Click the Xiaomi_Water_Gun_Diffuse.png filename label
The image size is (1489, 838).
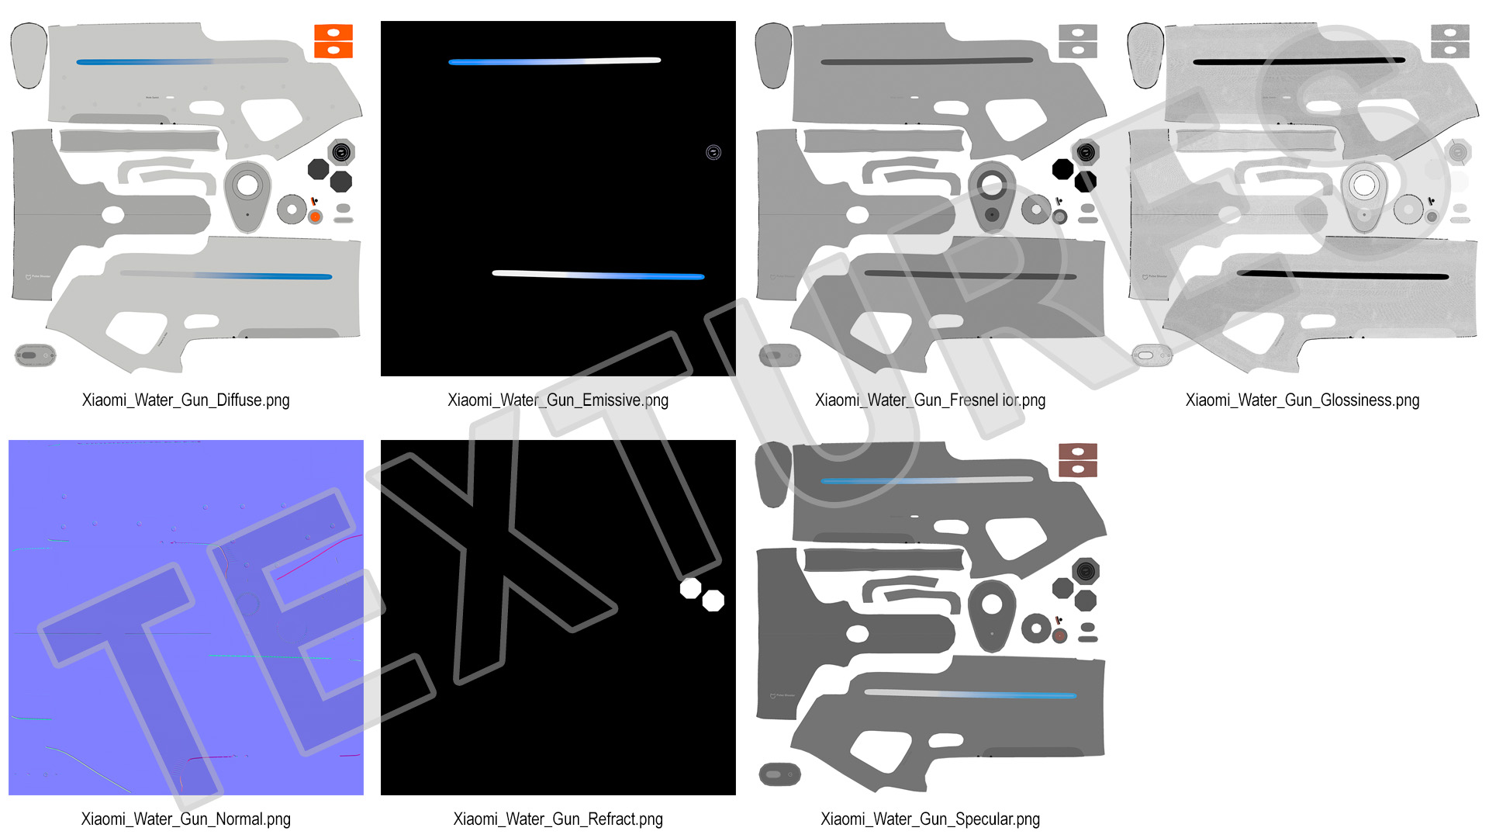185,400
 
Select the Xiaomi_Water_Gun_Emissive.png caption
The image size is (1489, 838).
558,400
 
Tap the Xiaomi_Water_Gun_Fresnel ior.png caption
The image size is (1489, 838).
930,400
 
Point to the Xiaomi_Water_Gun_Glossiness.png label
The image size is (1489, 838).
1302,400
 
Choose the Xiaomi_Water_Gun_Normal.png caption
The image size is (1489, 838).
185,819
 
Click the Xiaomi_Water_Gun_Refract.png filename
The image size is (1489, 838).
558,819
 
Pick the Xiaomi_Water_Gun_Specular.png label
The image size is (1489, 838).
930,819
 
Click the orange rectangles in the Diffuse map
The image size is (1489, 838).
333,41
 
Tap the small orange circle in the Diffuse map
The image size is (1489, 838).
316,217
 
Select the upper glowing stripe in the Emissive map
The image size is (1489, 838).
554,61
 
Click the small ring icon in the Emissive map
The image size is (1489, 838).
713,152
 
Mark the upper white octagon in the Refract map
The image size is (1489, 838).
690,588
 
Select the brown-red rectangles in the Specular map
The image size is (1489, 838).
1078,460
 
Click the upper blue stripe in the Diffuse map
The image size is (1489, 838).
182,61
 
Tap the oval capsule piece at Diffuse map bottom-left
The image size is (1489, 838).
36,355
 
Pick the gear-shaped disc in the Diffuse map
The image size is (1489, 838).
292,209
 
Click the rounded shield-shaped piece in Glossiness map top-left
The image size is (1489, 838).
1145,55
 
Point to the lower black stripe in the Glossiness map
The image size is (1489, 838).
1342,274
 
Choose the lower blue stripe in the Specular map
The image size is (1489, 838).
970,693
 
